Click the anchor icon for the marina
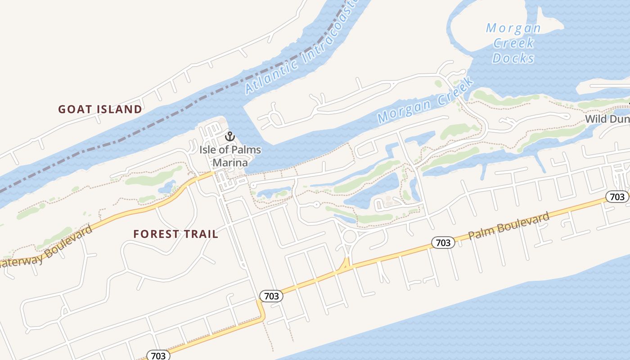tap(230, 136)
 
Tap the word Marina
tap(230, 162)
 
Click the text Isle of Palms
tap(230, 150)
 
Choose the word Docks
tap(513, 58)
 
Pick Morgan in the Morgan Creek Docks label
tap(513, 28)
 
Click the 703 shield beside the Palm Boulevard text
tap(443, 243)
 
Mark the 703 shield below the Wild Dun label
tap(617, 197)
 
